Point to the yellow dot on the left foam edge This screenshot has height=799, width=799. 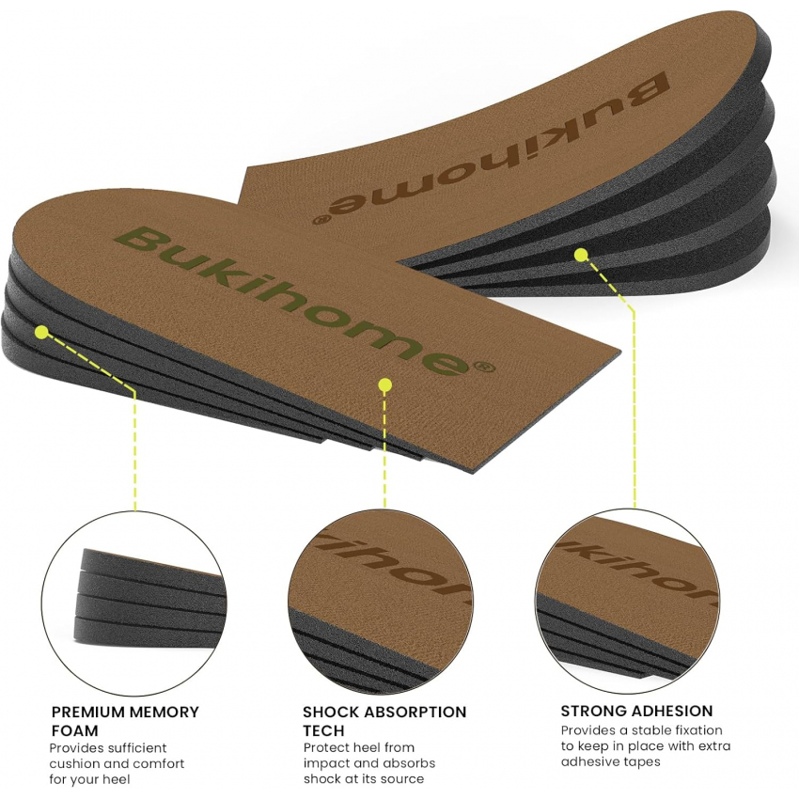[x=42, y=333]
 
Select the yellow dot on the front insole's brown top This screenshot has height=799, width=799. [x=385, y=384]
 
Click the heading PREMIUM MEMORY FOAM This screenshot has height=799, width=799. [x=125, y=721]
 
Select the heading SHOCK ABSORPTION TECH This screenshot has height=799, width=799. [x=384, y=721]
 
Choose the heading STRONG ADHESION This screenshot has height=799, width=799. [x=636, y=711]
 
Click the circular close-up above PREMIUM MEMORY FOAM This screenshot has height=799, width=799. [x=133, y=603]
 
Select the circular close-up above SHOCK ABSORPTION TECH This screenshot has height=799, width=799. [x=380, y=602]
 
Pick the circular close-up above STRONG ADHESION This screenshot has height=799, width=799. [x=628, y=602]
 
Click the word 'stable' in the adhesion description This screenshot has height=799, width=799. [x=655, y=730]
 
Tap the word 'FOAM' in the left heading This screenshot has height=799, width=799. [x=74, y=730]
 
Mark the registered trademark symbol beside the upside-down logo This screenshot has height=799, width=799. [x=320, y=220]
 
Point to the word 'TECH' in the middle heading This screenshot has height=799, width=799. [x=323, y=730]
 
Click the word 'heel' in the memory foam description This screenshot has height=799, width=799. [x=117, y=779]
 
